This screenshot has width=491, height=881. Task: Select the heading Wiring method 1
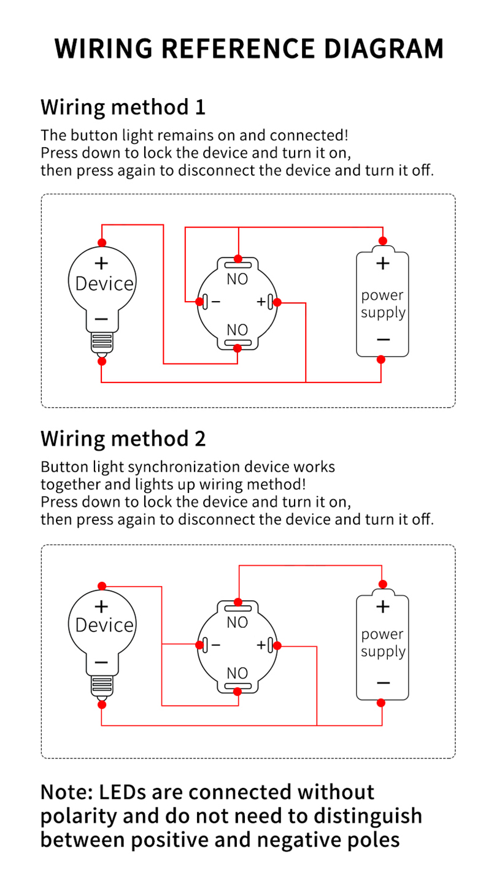coord(123,107)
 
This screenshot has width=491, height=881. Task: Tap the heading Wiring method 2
coord(123,439)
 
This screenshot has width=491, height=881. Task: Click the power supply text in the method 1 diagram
coord(383,304)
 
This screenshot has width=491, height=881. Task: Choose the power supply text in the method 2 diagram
coord(383,643)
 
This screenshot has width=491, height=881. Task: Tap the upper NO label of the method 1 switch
coord(238,280)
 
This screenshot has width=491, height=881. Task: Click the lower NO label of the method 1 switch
coord(238,330)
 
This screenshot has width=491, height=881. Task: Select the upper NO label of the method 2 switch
coord(238,622)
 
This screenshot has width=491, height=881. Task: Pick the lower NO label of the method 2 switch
coord(238,673)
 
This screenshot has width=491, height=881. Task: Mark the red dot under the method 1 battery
coord(381,360)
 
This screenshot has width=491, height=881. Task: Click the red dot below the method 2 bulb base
coord(102,704)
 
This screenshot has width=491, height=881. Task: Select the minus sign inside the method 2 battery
coord(383,682)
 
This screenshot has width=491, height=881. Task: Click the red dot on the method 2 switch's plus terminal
coord(277,645)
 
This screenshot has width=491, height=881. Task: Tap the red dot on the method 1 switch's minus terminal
coord(199,302)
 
